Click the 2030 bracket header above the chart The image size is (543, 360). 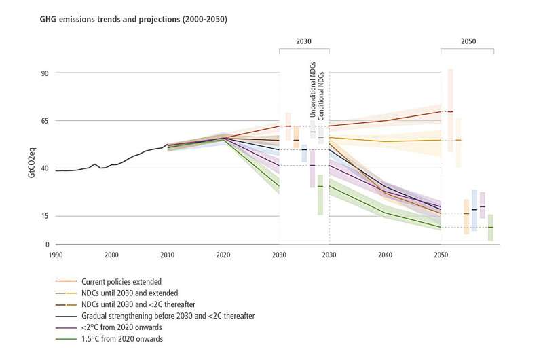[303, 41]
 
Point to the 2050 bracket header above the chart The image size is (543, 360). [467, 41]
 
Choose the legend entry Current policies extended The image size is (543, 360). [121, 281]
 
